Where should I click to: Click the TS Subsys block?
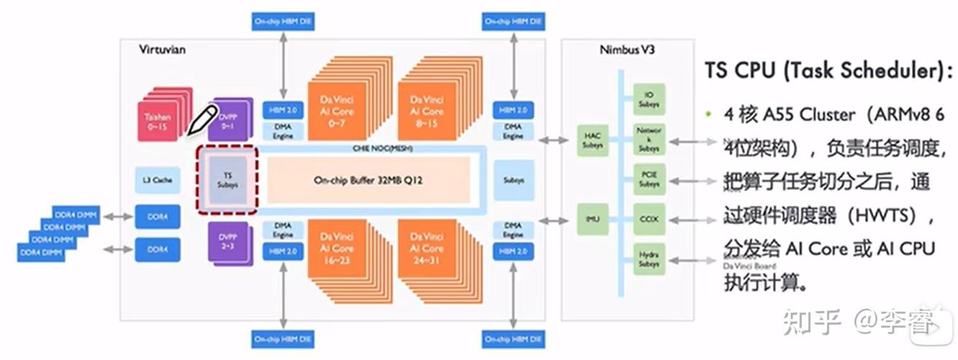[227, 180]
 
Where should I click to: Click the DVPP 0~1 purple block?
[228, 120]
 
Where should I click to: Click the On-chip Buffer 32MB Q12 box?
[368, 180]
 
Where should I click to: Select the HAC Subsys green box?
[593, 141]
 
